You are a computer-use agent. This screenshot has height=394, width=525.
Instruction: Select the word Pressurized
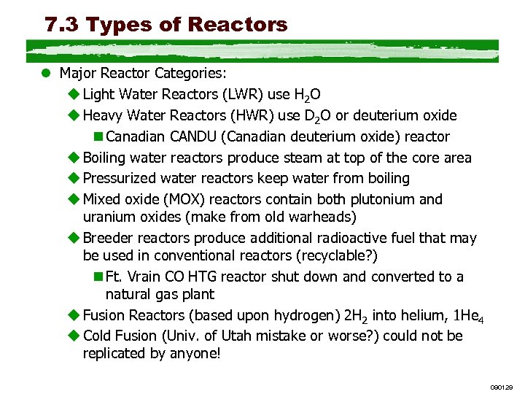click(120, 178)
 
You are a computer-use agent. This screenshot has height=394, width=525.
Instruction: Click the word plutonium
click(389, 199)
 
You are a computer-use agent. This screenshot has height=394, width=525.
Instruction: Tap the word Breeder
click(106, 238)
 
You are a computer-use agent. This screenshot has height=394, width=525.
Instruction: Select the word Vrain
click(144, 277)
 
